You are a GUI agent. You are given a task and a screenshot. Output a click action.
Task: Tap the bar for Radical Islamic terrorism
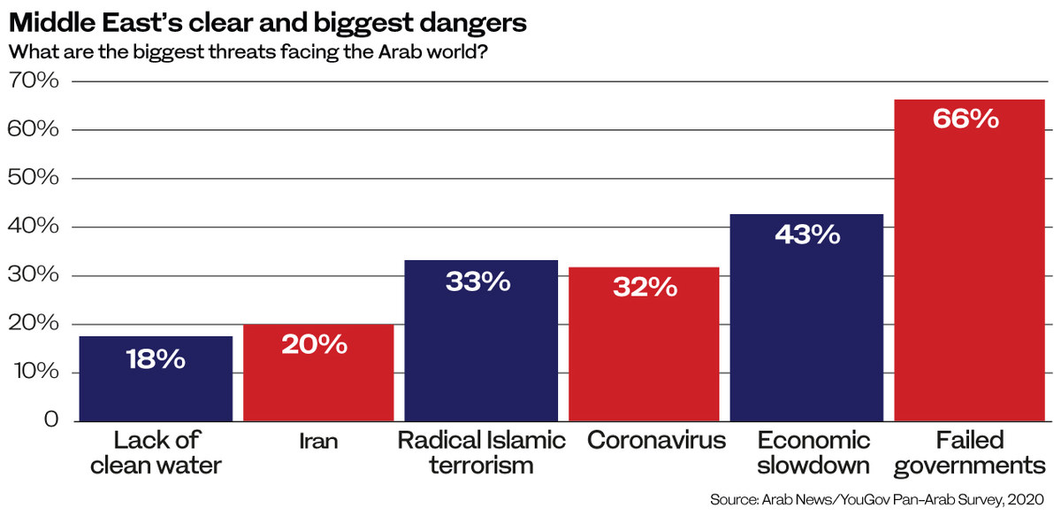[481, 354]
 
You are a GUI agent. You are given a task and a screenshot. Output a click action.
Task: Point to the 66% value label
[966, 119]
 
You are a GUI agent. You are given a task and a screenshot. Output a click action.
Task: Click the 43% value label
[806, 234]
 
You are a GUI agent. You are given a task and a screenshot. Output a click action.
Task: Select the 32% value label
[644, 287]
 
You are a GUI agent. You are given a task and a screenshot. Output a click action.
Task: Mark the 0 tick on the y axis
[50, 420]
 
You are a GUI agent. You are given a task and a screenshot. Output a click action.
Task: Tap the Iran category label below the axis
[318, 441]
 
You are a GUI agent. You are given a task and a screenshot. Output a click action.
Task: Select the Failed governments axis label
[970, 452]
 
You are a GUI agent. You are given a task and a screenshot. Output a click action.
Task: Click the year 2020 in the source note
[1026, 500]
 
